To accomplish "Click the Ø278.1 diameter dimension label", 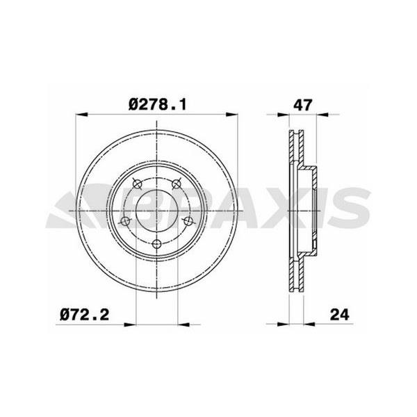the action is pos(158,104).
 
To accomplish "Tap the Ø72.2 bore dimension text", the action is pos(85,315).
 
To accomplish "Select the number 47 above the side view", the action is pos(302,105).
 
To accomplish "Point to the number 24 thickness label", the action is pos(340,315).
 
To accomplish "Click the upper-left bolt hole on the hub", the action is pos(137,183).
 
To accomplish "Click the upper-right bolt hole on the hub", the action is pos(176,183).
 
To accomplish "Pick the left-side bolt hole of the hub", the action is pos(125,221).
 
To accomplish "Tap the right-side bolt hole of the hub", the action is pos(188,220).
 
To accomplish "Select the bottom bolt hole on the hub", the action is pos(157,244).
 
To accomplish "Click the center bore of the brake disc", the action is pos(156,211).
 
